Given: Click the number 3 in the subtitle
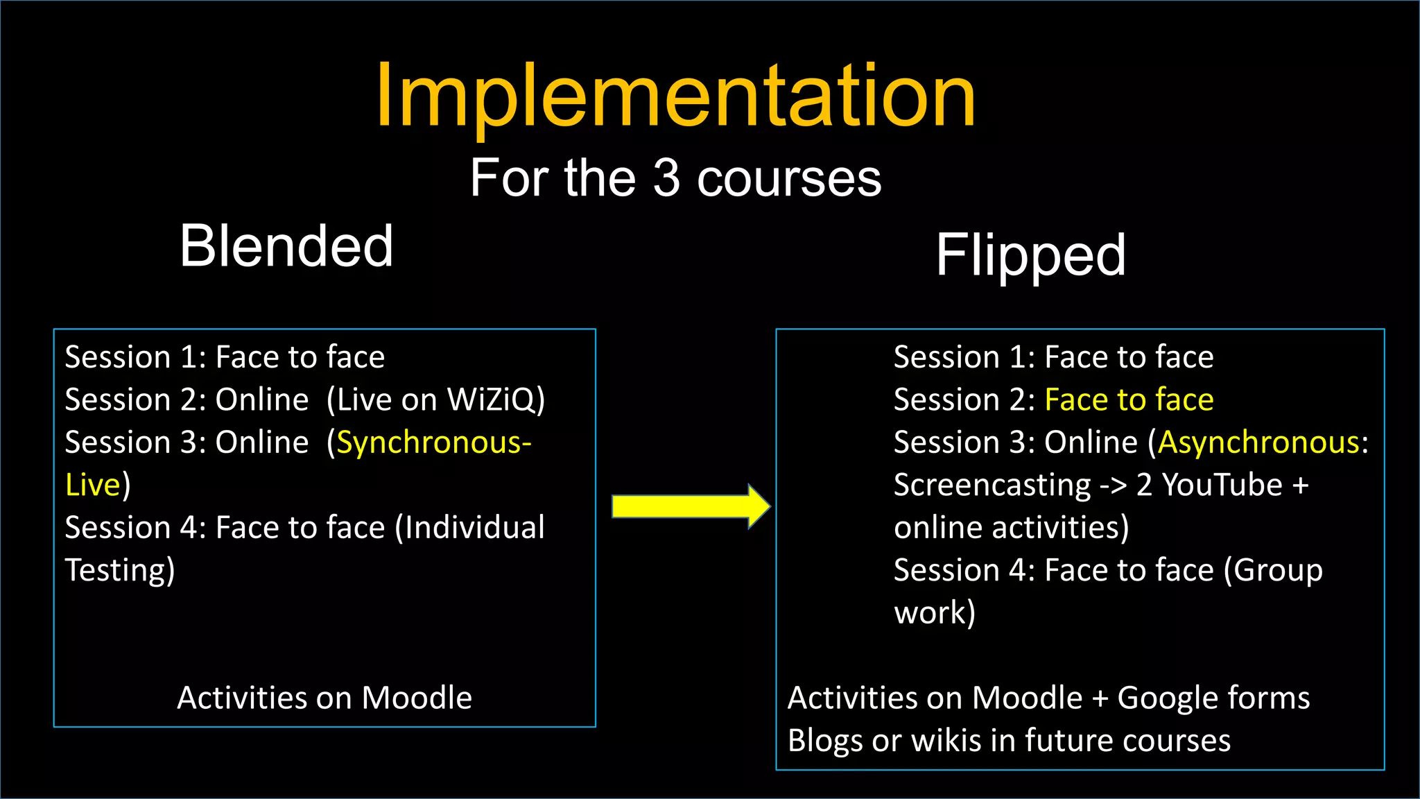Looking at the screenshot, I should pyautogui.click(x=666, y=178).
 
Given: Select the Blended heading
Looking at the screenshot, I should pyautogui.click(x=286, y=246).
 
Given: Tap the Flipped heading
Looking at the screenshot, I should pyautogui.click(x=1030, y=255).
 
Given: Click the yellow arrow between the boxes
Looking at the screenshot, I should pyautogui.click(x=691, y=506).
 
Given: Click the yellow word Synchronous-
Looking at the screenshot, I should pyautogui.click(x=434, y=443).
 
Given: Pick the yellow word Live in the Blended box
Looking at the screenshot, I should pyautogui.click(x=93, y=485).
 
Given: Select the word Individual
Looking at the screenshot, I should pyautogui.click(x=475, y=528).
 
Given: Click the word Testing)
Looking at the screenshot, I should pyautogui.click(x=120, y=571).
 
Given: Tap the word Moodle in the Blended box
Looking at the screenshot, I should pyautogui.click(x=417, y=698).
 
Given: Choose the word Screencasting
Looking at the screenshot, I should pyautogui.click(x=992, y=485).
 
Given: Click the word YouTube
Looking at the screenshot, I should pyautogui.click(x=1222, y=485).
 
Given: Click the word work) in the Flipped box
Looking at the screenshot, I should pyautogui.click(x=935, y=613).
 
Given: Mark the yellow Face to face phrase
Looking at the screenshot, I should pyautogui.click(x=1129, y=400).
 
